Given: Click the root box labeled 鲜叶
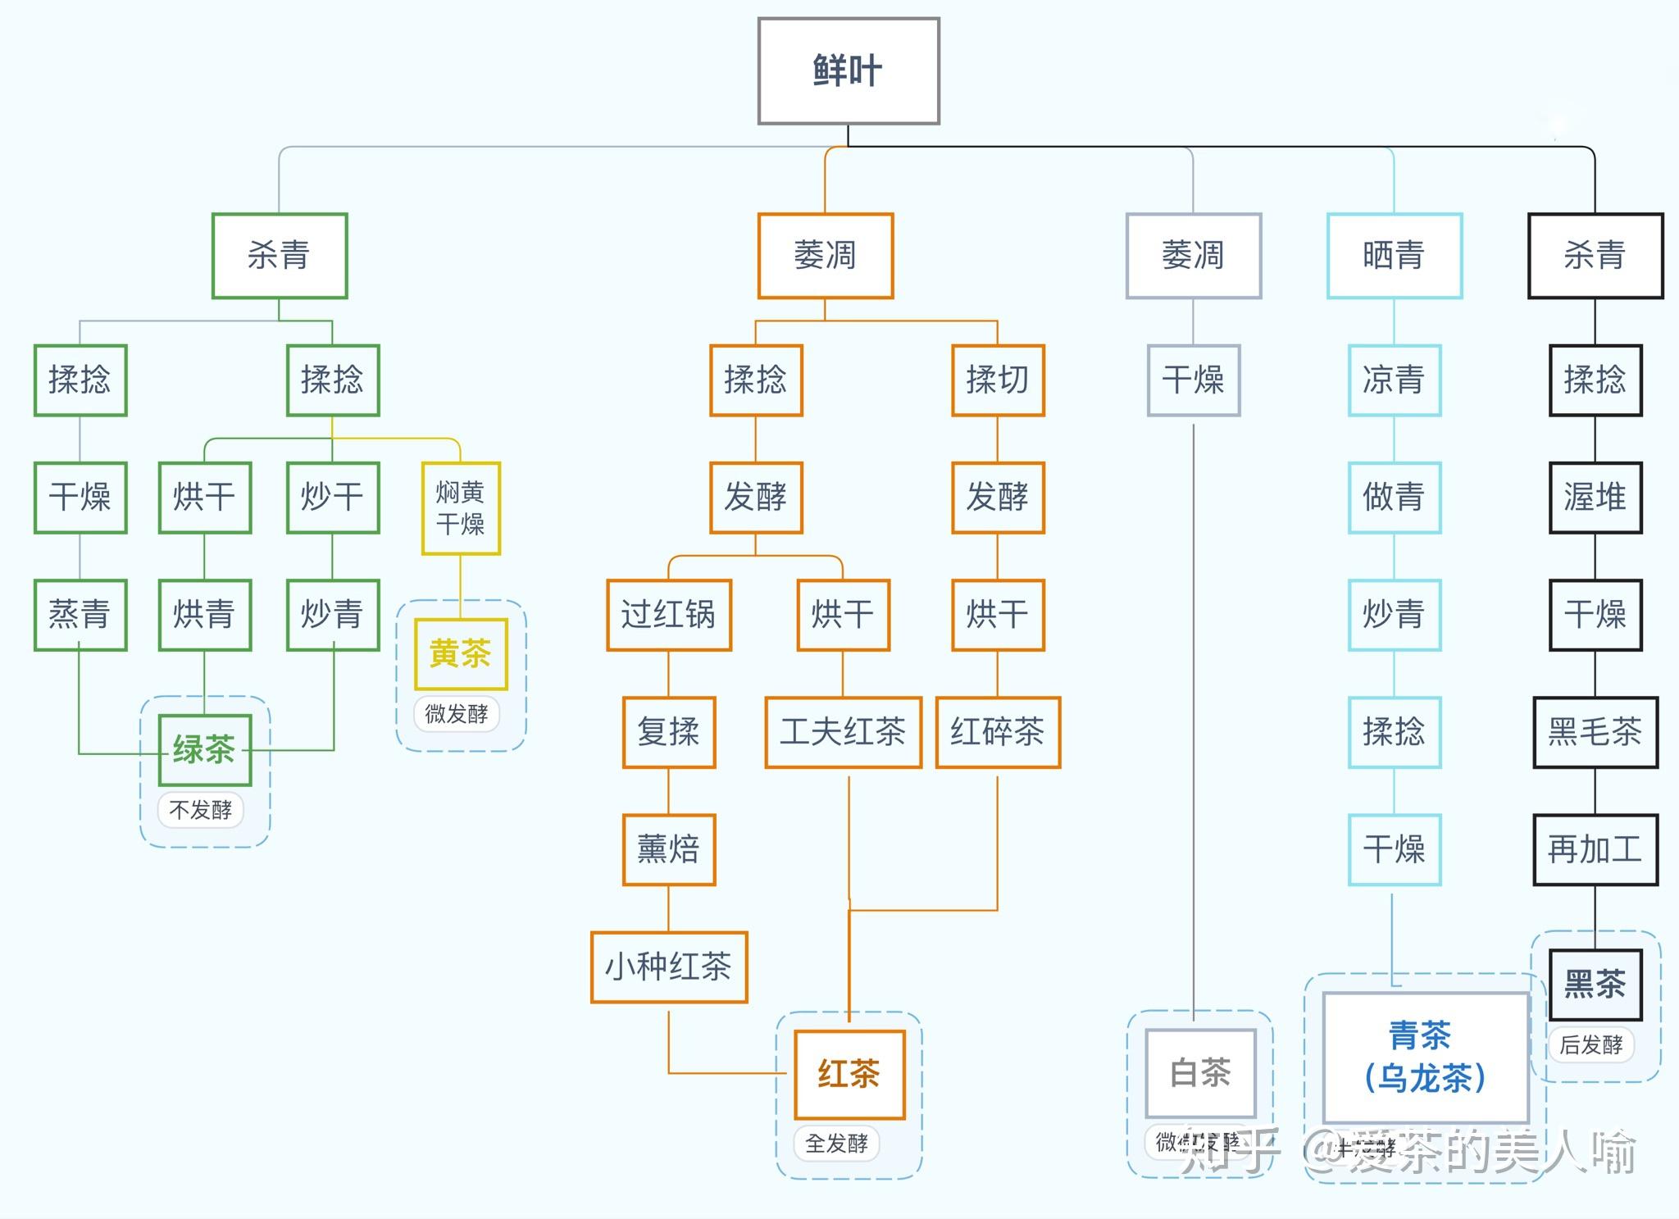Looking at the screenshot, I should [x=849, y=71].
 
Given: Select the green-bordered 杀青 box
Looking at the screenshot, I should [x=280, y=256].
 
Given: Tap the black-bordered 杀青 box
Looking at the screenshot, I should [x=1595, y=256].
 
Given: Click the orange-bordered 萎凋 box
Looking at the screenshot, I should [x=825, y=256].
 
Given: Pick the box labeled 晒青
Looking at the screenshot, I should [x=1394, y=256].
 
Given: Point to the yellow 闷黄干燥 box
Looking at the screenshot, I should [x=461, y=508].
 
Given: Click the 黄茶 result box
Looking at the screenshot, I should [x=461, y=654].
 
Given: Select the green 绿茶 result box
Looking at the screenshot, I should [x=204, y=749].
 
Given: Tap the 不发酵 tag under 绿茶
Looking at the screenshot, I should [x=201, y=810].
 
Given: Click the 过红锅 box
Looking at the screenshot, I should [x=669, y=615].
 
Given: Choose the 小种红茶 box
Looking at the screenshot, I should [x=669, y=967].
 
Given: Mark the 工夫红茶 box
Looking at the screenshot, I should [x=843, y=732].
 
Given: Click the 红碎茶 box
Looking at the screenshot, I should [x=998, y=732].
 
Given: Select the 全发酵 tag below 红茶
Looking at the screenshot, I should [x=836, y=1143].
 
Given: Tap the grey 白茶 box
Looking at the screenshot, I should [x=1200, y=1072].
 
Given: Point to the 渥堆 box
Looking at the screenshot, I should [x=1595, y=498].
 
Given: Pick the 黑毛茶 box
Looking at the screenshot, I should [x=1595, y=732].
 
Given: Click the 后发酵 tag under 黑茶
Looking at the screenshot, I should [x=1590, y=1045].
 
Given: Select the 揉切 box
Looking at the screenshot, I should [x=998, y=380].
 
